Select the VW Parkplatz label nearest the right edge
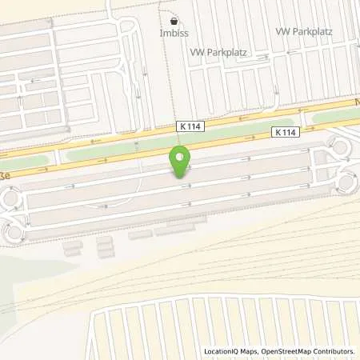coord(302,31)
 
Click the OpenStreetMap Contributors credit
coord(306,351)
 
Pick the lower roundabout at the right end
coord(347,182)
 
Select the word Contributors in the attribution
coord(332,351)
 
